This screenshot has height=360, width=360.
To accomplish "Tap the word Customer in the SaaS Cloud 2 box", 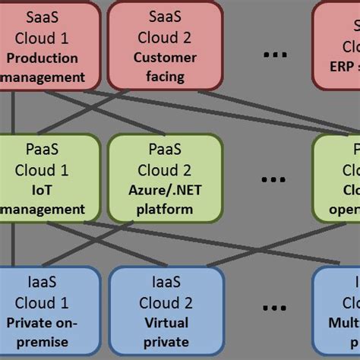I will click(x=165, y=58).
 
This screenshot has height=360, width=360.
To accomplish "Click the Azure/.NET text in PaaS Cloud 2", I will click(x=165, y=190).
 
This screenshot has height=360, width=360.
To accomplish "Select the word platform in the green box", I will click(x=165, y=209).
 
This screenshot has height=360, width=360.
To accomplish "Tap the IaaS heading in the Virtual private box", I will click(x=165, y=282).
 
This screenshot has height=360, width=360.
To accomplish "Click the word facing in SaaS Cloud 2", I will click(x=165, y=77).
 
